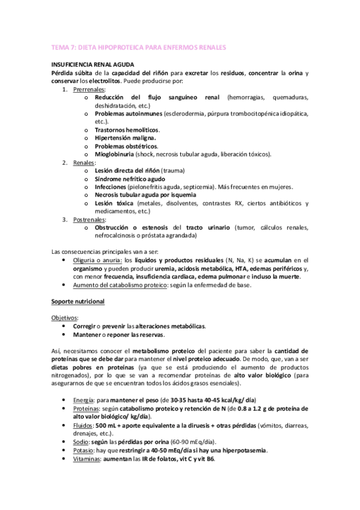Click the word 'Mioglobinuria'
[x=117, y=154]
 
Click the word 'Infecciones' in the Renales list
[x=111, y=187]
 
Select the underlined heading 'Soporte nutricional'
[x=76, y=300]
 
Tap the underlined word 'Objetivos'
[x=64, y=317]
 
